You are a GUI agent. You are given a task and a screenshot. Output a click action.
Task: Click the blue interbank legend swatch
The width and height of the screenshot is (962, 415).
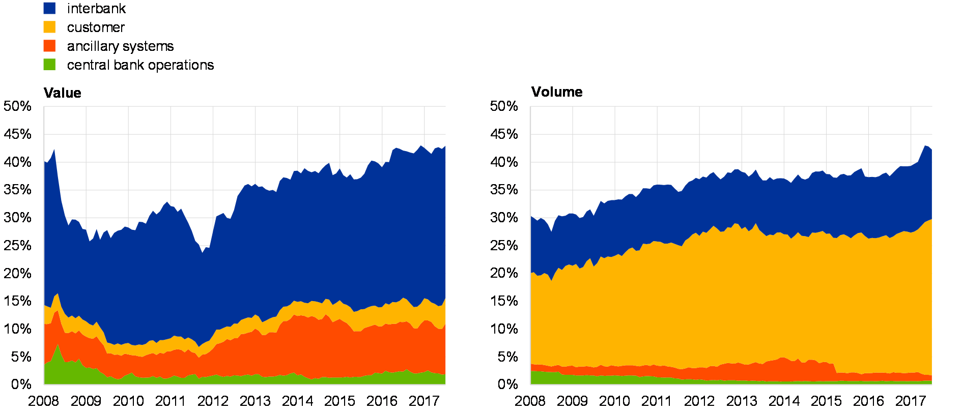[x=49, y=8]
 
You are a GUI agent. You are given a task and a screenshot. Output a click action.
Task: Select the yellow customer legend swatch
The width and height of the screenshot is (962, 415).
[x=49, y=27]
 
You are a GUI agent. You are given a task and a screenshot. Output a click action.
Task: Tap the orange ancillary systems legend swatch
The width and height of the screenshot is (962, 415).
[x=49, y=46]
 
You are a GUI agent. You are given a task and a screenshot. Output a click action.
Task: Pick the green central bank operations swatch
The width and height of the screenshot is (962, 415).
[x=49, y=65]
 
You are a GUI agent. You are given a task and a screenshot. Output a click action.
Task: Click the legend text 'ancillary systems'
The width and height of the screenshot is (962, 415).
[x=120, y=47]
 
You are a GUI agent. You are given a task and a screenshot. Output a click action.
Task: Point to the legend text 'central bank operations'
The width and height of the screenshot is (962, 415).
[x=140, y=65]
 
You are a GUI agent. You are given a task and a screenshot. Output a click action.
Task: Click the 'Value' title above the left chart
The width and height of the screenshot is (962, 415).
[x=63, y=93]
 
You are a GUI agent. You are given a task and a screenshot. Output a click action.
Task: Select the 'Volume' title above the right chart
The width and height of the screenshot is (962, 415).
[x=557, y=93]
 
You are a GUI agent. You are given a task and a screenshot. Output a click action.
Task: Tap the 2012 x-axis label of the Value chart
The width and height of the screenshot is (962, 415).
[x=212, y=401]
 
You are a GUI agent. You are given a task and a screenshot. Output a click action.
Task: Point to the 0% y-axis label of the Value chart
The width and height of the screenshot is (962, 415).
[x=20, y=384]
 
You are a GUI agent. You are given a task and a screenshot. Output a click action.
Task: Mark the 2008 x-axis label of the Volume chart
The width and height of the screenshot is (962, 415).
[x=530, y=401]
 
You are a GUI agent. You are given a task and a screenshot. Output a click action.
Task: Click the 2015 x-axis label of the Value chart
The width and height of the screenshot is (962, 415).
[x=339, y=401]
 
